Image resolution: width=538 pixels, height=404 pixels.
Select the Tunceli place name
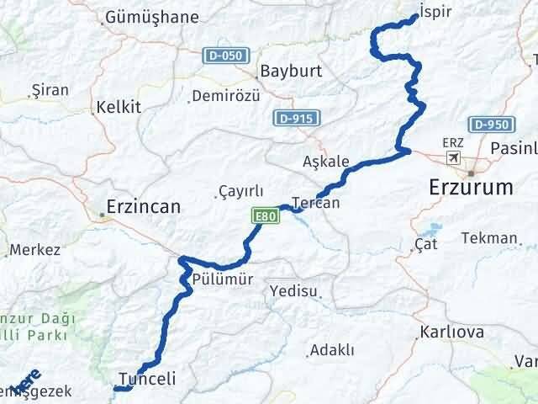[x=148, y=379]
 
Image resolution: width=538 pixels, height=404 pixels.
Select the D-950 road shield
[x=491, y=125]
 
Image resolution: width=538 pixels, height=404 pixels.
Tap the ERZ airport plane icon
[x=454, y=157]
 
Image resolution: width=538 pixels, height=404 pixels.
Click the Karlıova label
[x=452, y=332]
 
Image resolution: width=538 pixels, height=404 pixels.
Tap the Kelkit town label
[x=119, y=107]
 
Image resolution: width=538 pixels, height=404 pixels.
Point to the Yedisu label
[x=294, y=291]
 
